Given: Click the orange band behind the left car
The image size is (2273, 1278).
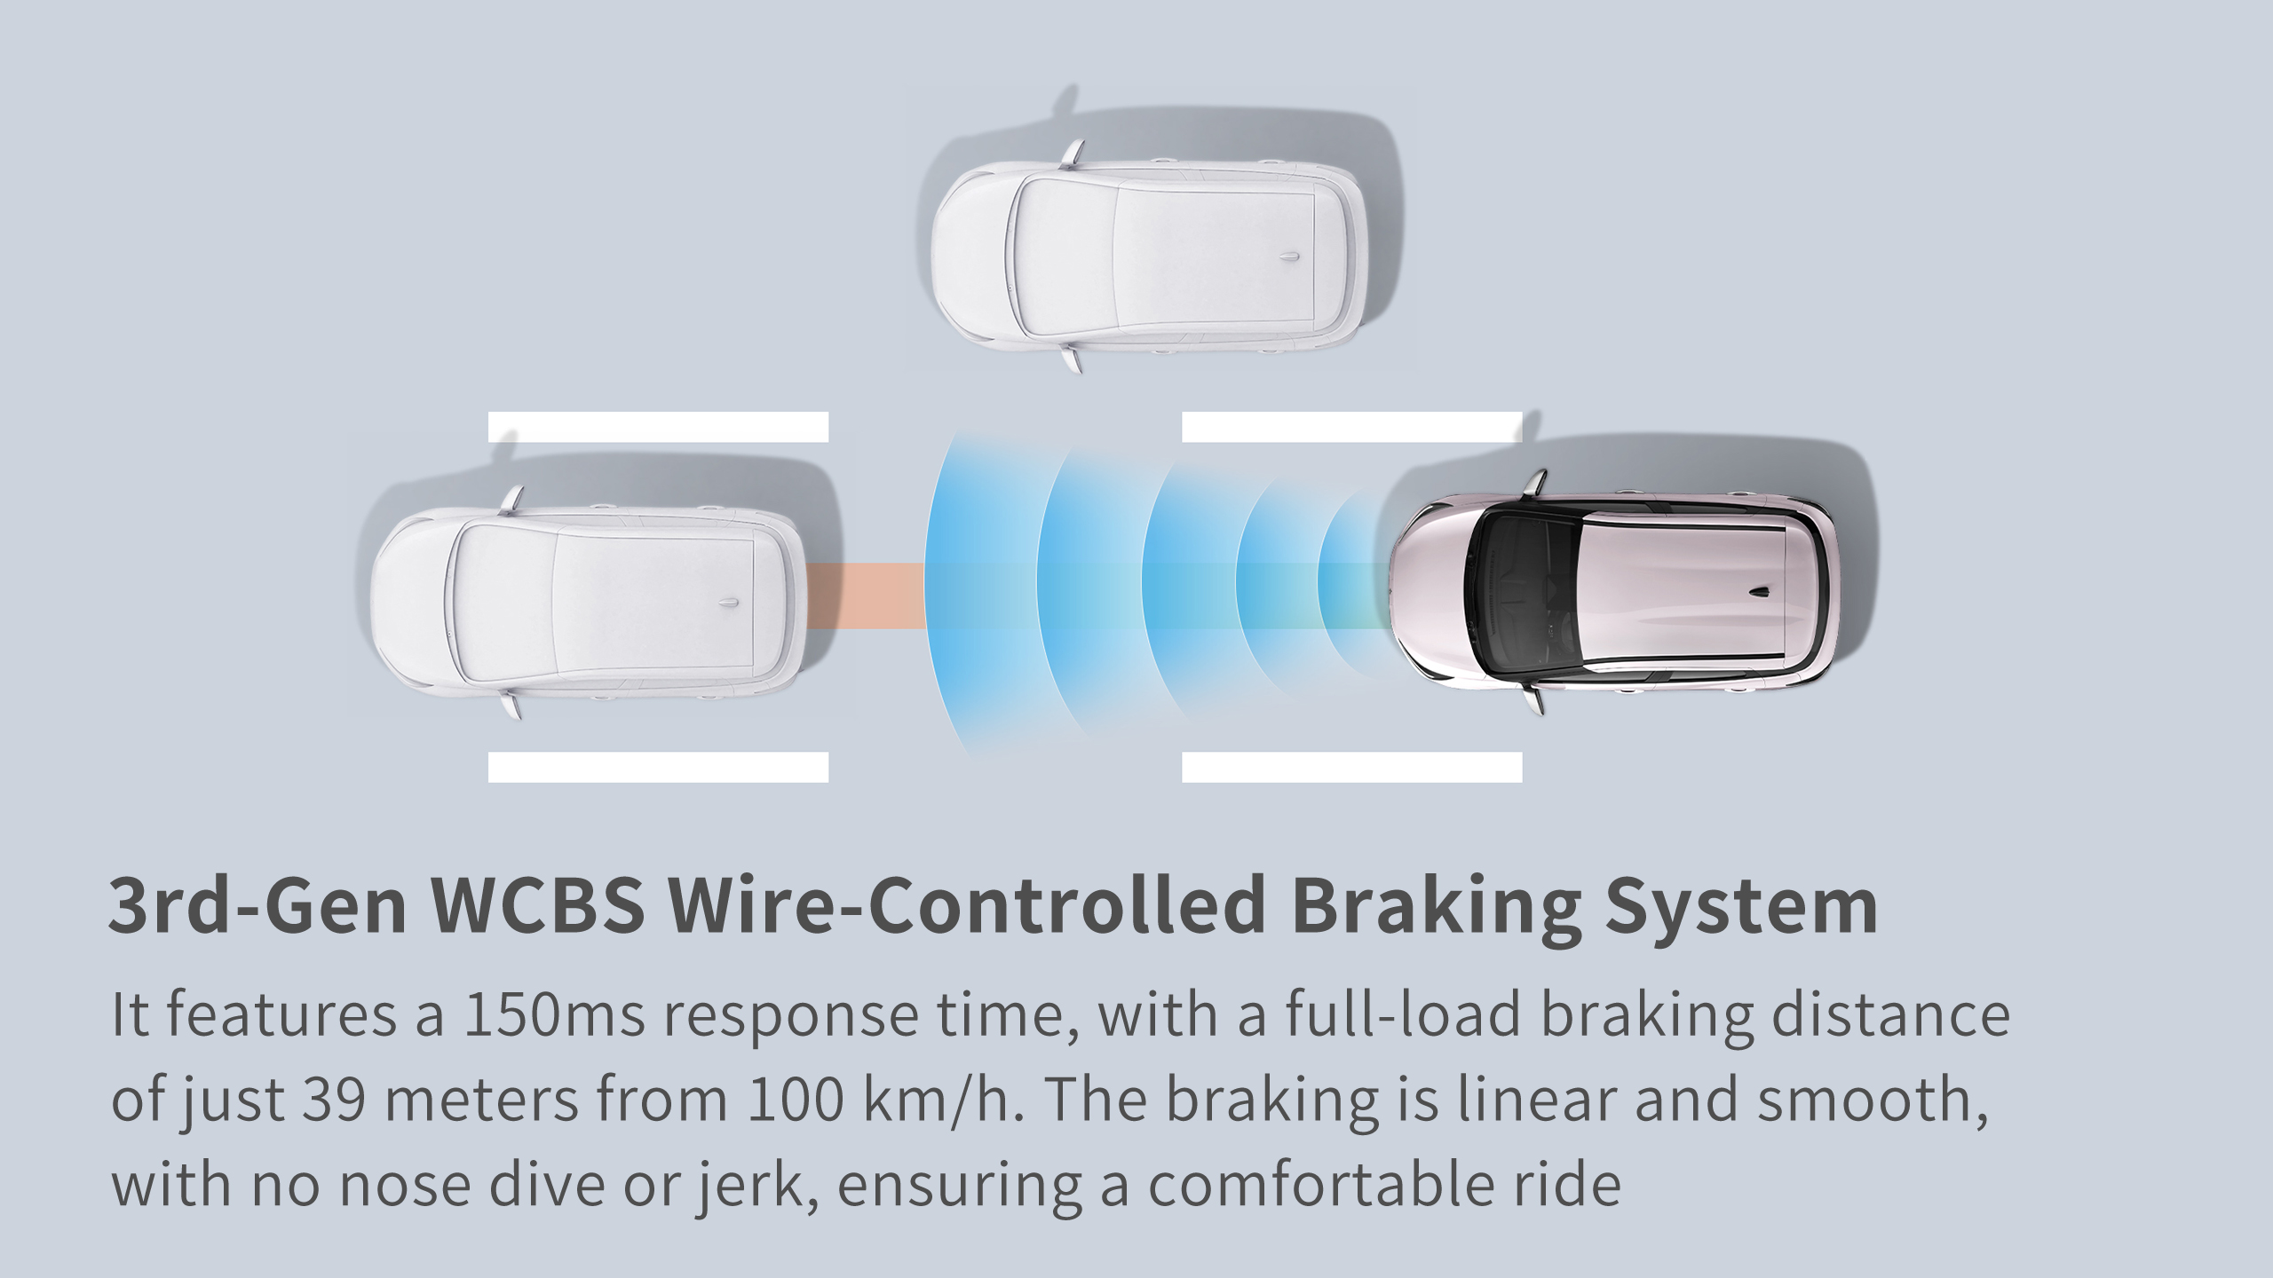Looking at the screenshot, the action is click(866, 597).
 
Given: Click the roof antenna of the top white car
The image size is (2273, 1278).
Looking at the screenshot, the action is click(1292, 255).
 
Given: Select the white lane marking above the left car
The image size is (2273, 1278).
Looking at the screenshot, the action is click(658, 427).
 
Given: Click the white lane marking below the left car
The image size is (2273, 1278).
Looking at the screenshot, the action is click(658, 767).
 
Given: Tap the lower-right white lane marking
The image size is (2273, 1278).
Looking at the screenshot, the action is click(1352, 767).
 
